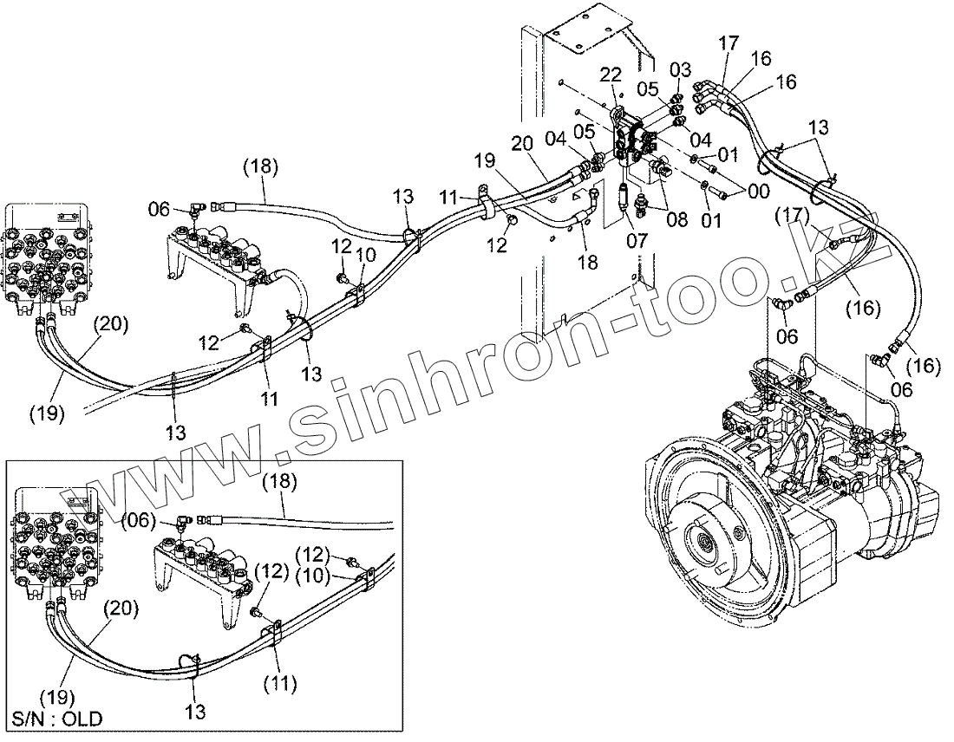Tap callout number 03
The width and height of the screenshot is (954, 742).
coord(680,68)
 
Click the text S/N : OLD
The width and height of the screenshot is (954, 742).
coord(56,719)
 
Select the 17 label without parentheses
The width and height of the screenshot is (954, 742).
coord(729,42)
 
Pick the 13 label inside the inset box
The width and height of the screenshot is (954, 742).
coord(196,712)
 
